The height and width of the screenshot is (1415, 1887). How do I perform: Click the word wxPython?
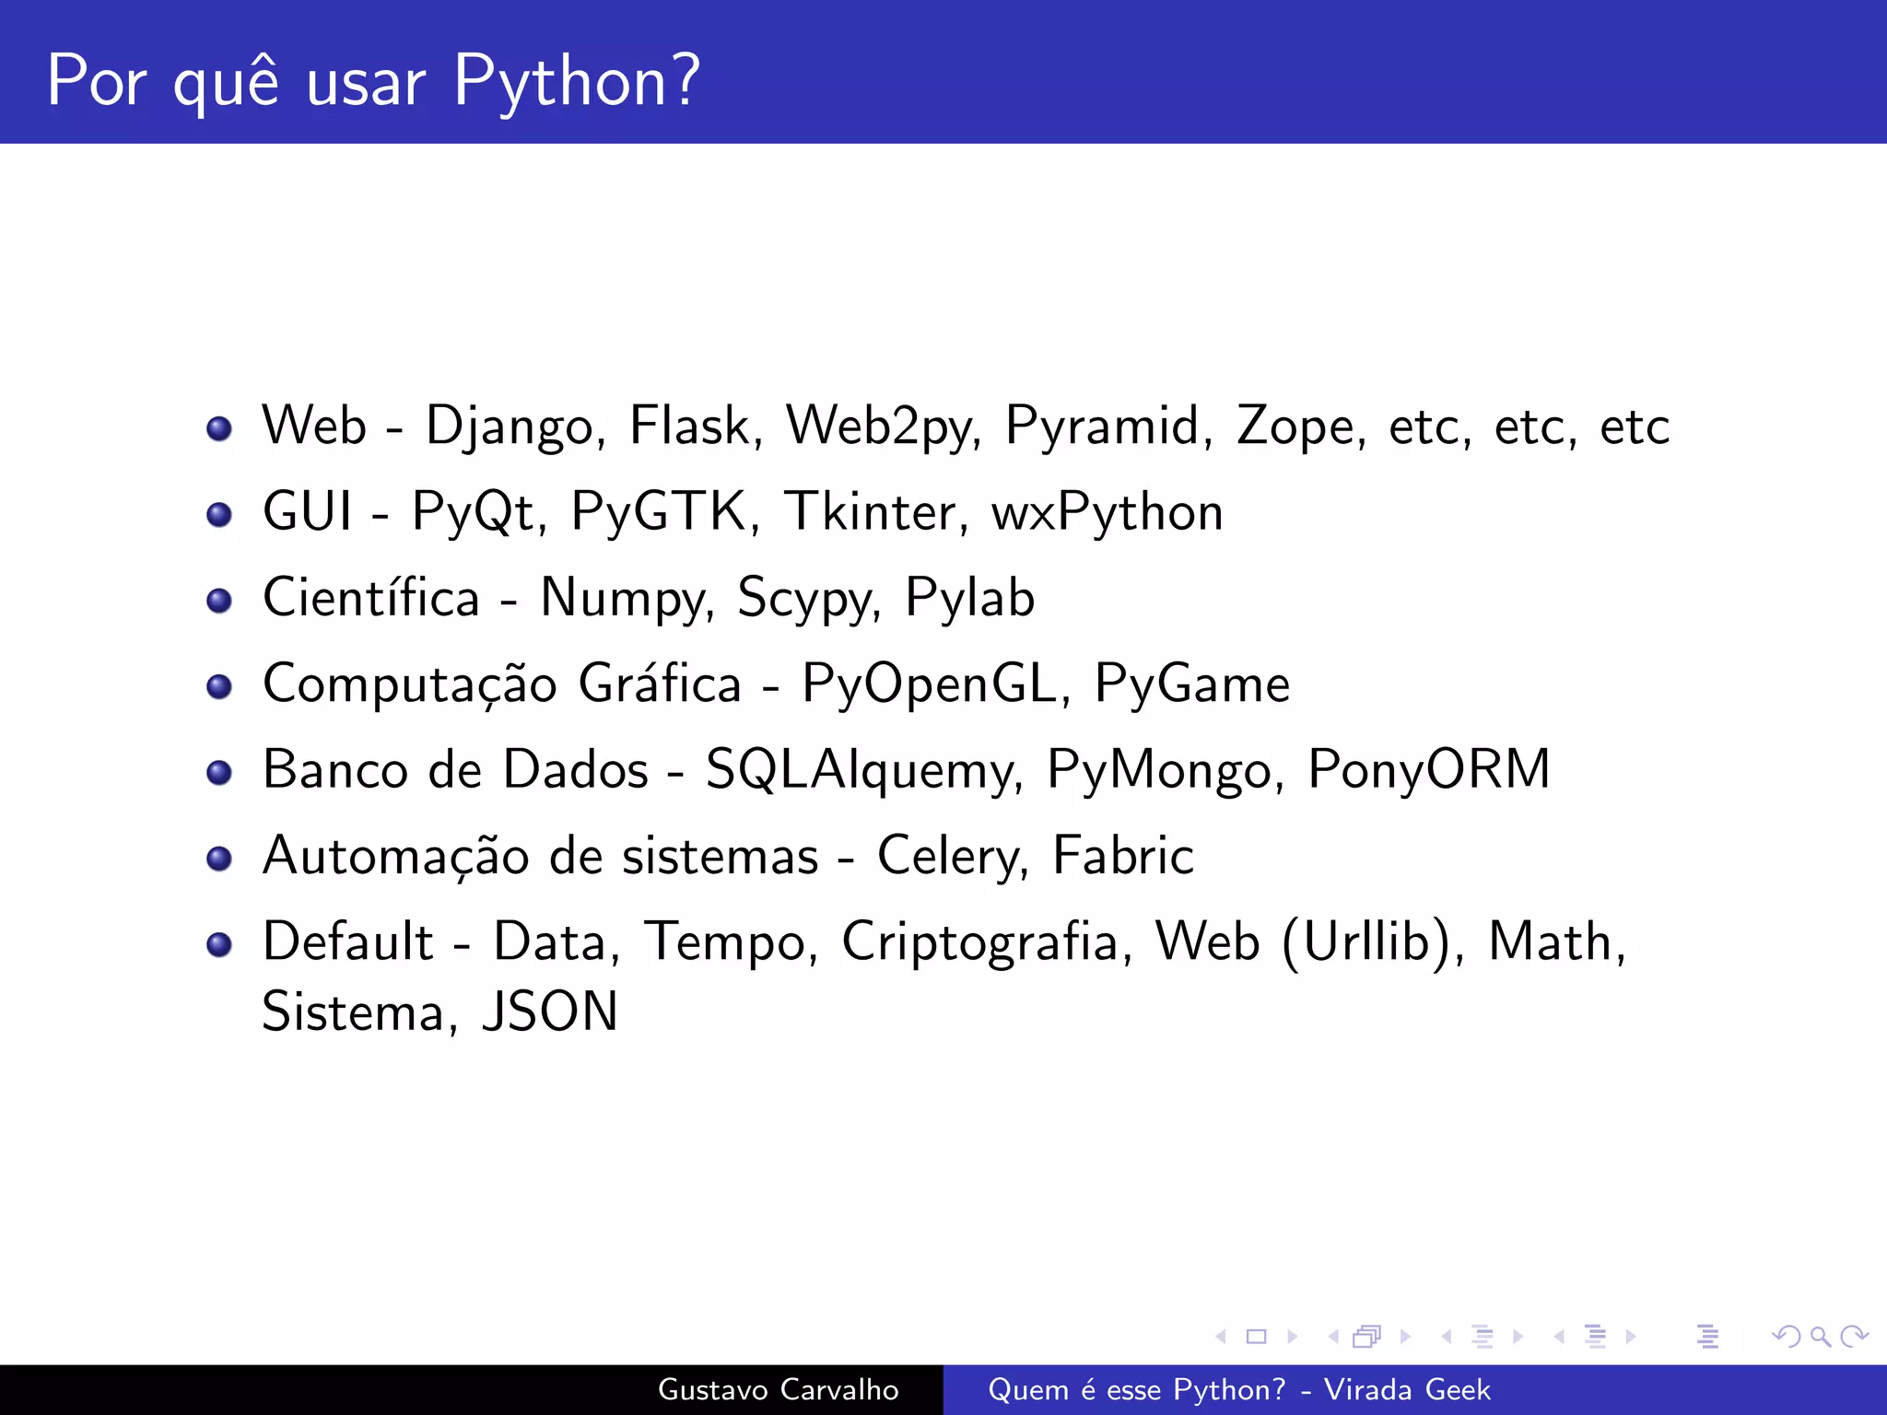(1107, 513)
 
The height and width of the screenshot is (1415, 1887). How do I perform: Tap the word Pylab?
(969, 599)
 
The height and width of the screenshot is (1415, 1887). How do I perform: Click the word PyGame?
(1191, 684)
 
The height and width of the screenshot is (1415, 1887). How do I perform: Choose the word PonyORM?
(1428, 770)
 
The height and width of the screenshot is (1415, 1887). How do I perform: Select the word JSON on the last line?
(550, 1012)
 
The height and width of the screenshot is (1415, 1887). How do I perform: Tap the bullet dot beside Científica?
(219, 601)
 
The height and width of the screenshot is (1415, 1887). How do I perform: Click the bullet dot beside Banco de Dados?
(219, 772)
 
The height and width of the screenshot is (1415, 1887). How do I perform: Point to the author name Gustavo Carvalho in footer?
(778, 1389)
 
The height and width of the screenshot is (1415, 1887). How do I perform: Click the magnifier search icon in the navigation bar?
(1820, 1336)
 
